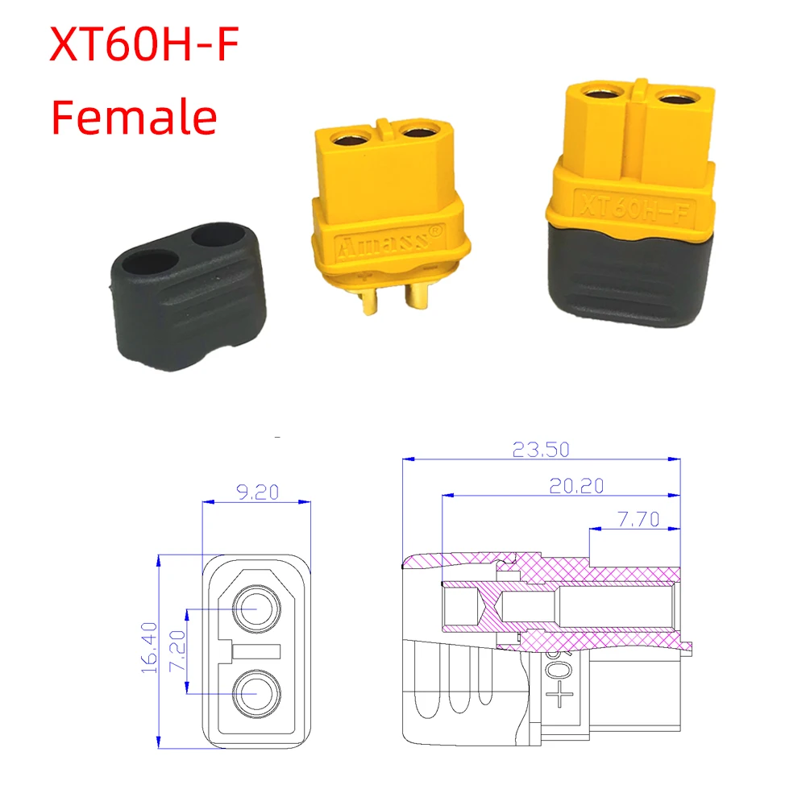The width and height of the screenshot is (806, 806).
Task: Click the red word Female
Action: coord(134,116)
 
